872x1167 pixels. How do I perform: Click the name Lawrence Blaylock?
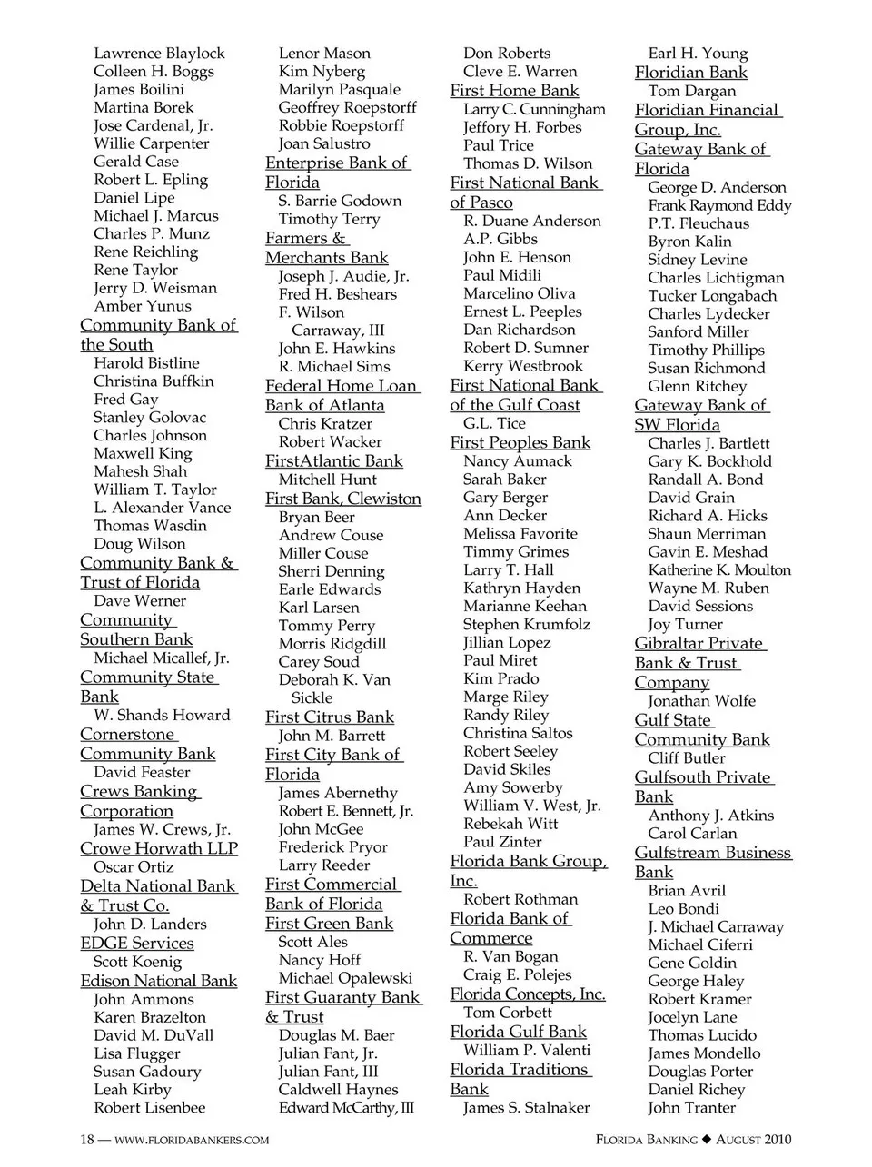[x=159, y=54]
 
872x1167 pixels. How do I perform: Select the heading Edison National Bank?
[x=158, y=981]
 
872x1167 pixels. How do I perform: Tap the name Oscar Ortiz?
[x=134, y=867]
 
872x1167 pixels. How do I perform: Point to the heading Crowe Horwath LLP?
[x=159, y=848]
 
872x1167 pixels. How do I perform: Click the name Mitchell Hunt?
[x=328, y=480]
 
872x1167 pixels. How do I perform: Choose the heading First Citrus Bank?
[x=330, y=717]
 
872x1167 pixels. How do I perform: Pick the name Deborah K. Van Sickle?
[x=333, y=688]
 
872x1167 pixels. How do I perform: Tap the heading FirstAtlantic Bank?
[x=333, y=460]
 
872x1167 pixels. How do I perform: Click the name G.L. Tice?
[x=494, y=423]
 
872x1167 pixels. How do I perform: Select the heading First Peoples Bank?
[x=520, y=442]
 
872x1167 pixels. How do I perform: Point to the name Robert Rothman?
[x=520, y=899]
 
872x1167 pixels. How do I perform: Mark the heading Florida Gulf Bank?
[x=518, y=1032]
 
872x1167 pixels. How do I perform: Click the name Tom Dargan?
[x=692, y=91]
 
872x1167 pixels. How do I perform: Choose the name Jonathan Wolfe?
[x=701, y=701]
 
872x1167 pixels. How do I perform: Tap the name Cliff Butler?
[x=687, y=758]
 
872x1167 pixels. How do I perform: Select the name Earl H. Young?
[x=698, y=54]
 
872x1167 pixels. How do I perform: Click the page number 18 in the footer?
[x=87, y=1140]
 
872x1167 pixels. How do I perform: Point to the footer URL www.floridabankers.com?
[x=192, y=1140]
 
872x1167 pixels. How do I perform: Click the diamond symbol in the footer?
[x=707, y=1140]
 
